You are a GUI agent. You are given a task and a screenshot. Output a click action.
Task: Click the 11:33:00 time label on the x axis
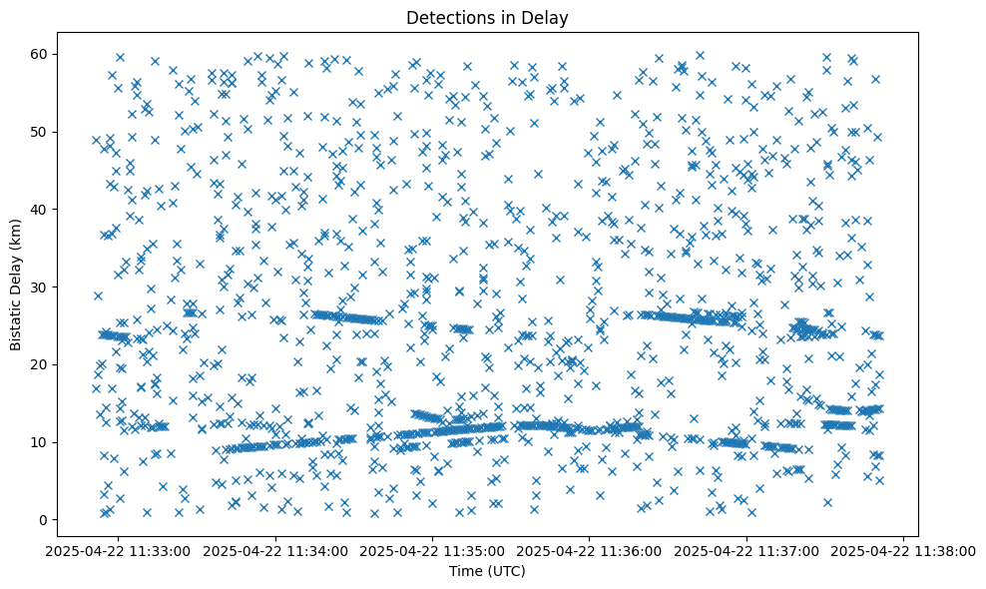119,550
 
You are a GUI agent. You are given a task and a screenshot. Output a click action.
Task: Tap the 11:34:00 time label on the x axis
275,550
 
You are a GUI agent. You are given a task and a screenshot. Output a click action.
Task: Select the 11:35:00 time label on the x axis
433,550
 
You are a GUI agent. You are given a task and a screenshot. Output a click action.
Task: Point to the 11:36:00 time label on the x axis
590,550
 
